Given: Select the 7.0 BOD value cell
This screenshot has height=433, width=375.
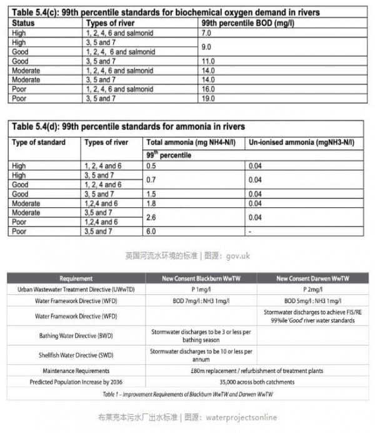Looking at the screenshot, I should click(207, 31).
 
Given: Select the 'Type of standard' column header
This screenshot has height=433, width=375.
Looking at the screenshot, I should click(39, 142).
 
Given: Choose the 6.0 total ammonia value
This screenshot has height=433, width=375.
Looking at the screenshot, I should click(151, 231).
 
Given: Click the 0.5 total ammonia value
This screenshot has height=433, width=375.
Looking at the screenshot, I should click(151, 166).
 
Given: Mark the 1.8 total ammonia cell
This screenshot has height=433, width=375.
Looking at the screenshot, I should click(151, 203).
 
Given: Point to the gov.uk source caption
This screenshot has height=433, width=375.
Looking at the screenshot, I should click(187, 256).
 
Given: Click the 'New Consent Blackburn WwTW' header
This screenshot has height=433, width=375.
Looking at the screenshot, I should click(200, 279).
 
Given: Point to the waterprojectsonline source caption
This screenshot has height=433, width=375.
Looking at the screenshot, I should click(187, 417).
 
